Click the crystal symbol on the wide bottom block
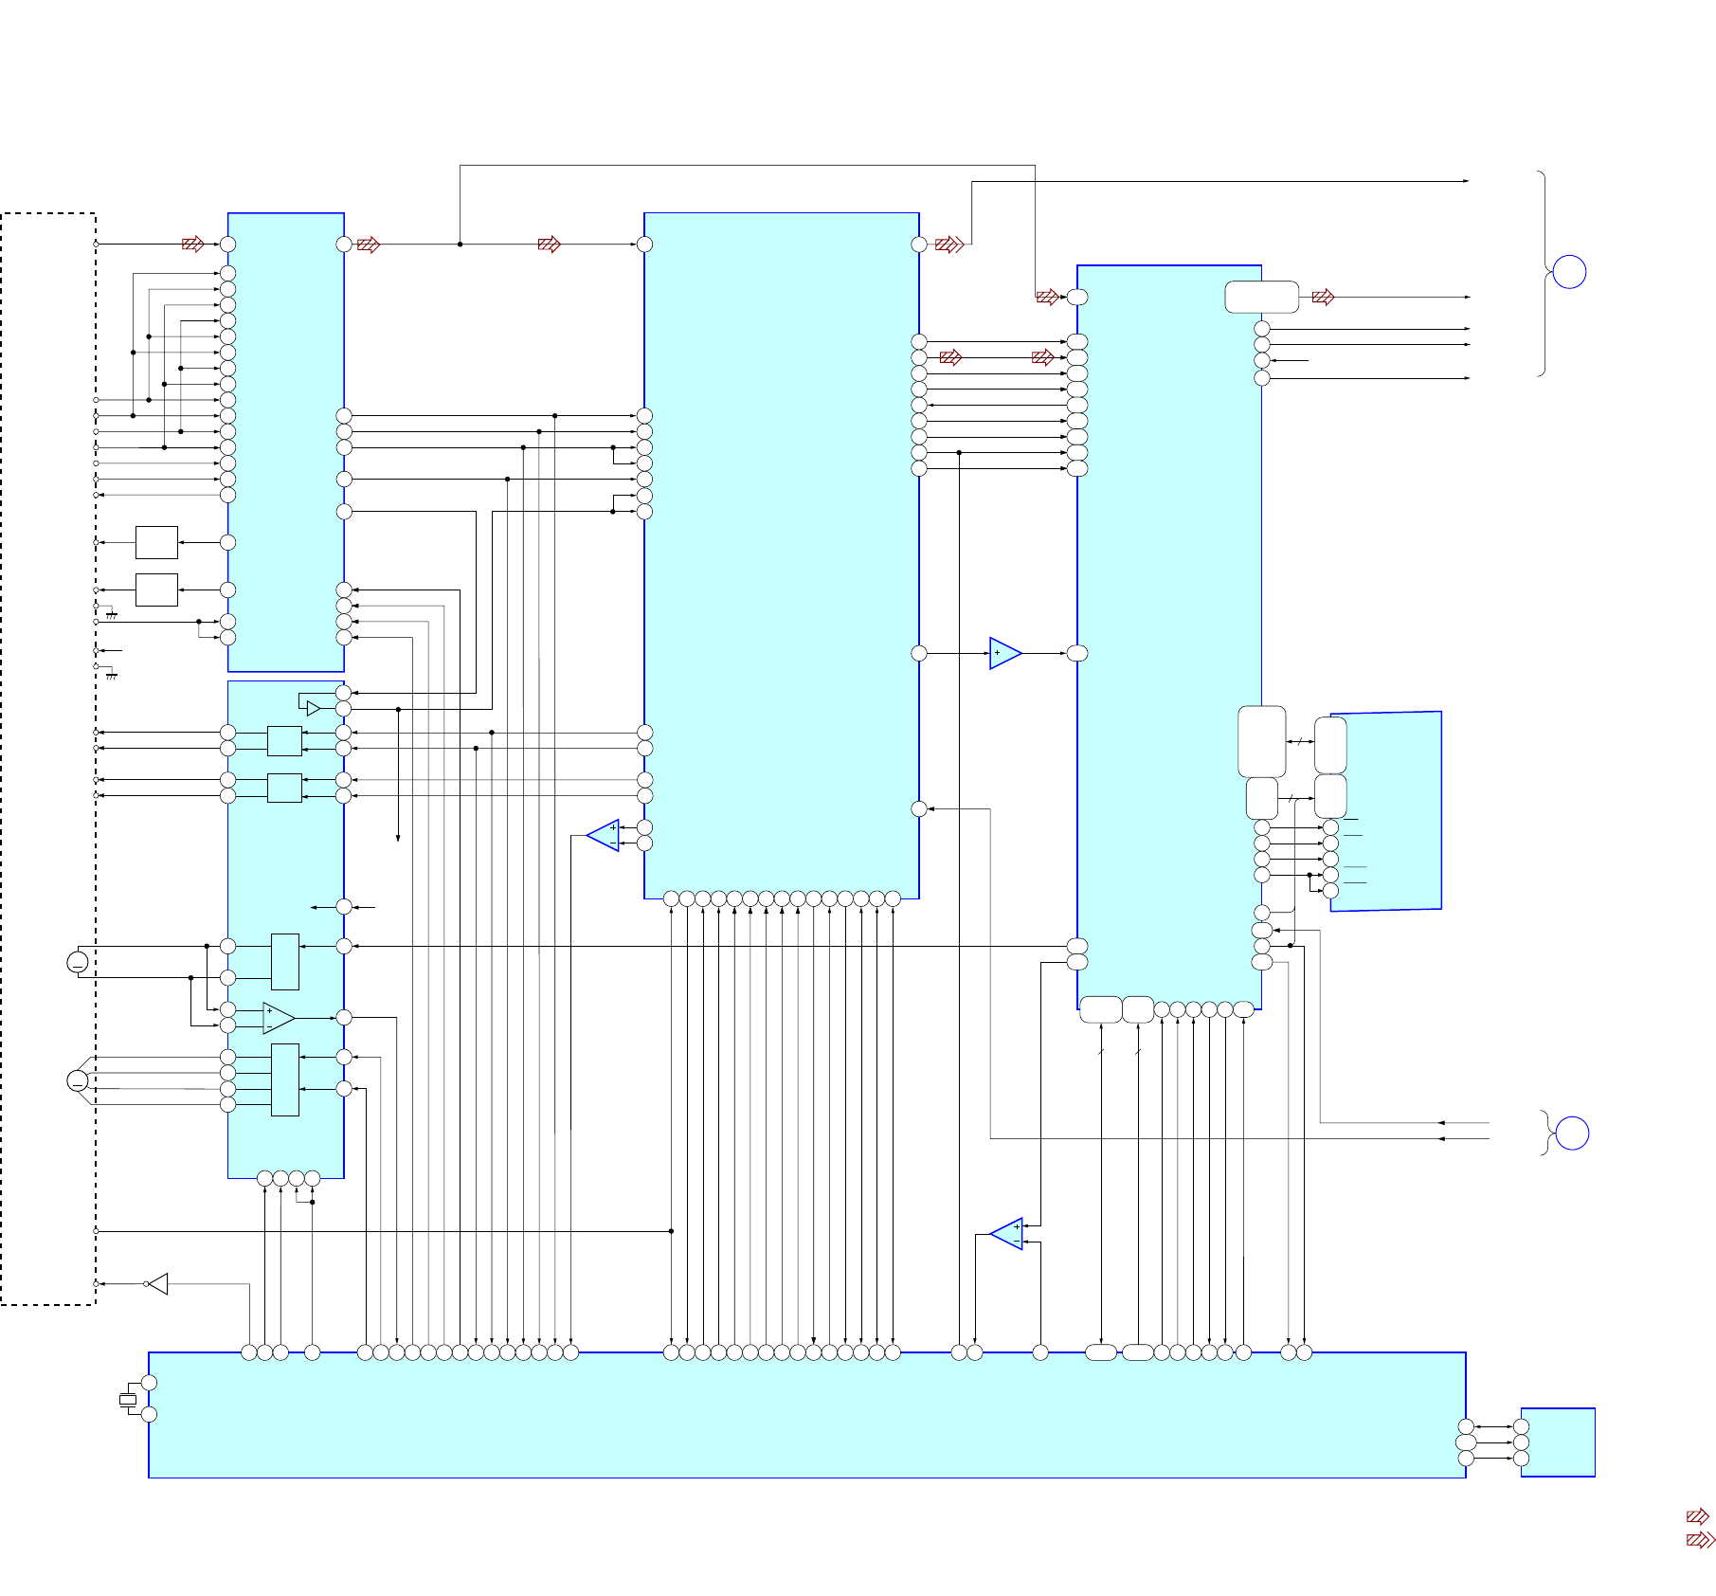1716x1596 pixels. (128, 1399)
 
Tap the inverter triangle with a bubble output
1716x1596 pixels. (158, 1284)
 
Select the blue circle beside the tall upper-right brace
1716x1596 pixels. (1569, 272)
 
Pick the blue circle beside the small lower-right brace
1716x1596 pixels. (1572, 1134)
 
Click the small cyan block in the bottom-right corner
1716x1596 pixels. (1558, 1442)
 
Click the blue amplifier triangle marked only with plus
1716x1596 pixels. (1003, 653)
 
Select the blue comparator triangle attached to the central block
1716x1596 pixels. (605, 835)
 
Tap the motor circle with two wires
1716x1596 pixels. (78, 962)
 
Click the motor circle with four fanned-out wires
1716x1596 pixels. (78, 1080)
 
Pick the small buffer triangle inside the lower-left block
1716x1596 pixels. (313, 709)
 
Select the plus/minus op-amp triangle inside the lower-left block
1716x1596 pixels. (277, 1018)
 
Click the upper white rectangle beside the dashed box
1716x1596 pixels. (156, 542)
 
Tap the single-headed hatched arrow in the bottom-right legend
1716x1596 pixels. (1697, 1516)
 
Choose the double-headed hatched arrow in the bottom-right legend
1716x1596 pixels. (1700, 1540)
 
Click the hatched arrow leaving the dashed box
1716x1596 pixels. (192, 245)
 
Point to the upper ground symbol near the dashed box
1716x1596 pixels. (111, 615)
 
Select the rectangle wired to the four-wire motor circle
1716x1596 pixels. (284, 1080)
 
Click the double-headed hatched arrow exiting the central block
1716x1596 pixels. (949, 245)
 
